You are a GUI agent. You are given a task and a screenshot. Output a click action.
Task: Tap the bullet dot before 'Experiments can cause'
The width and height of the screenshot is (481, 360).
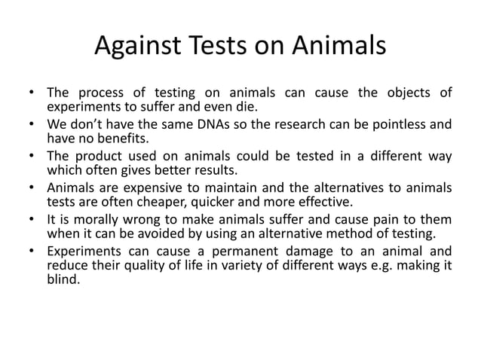point(32,252)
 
